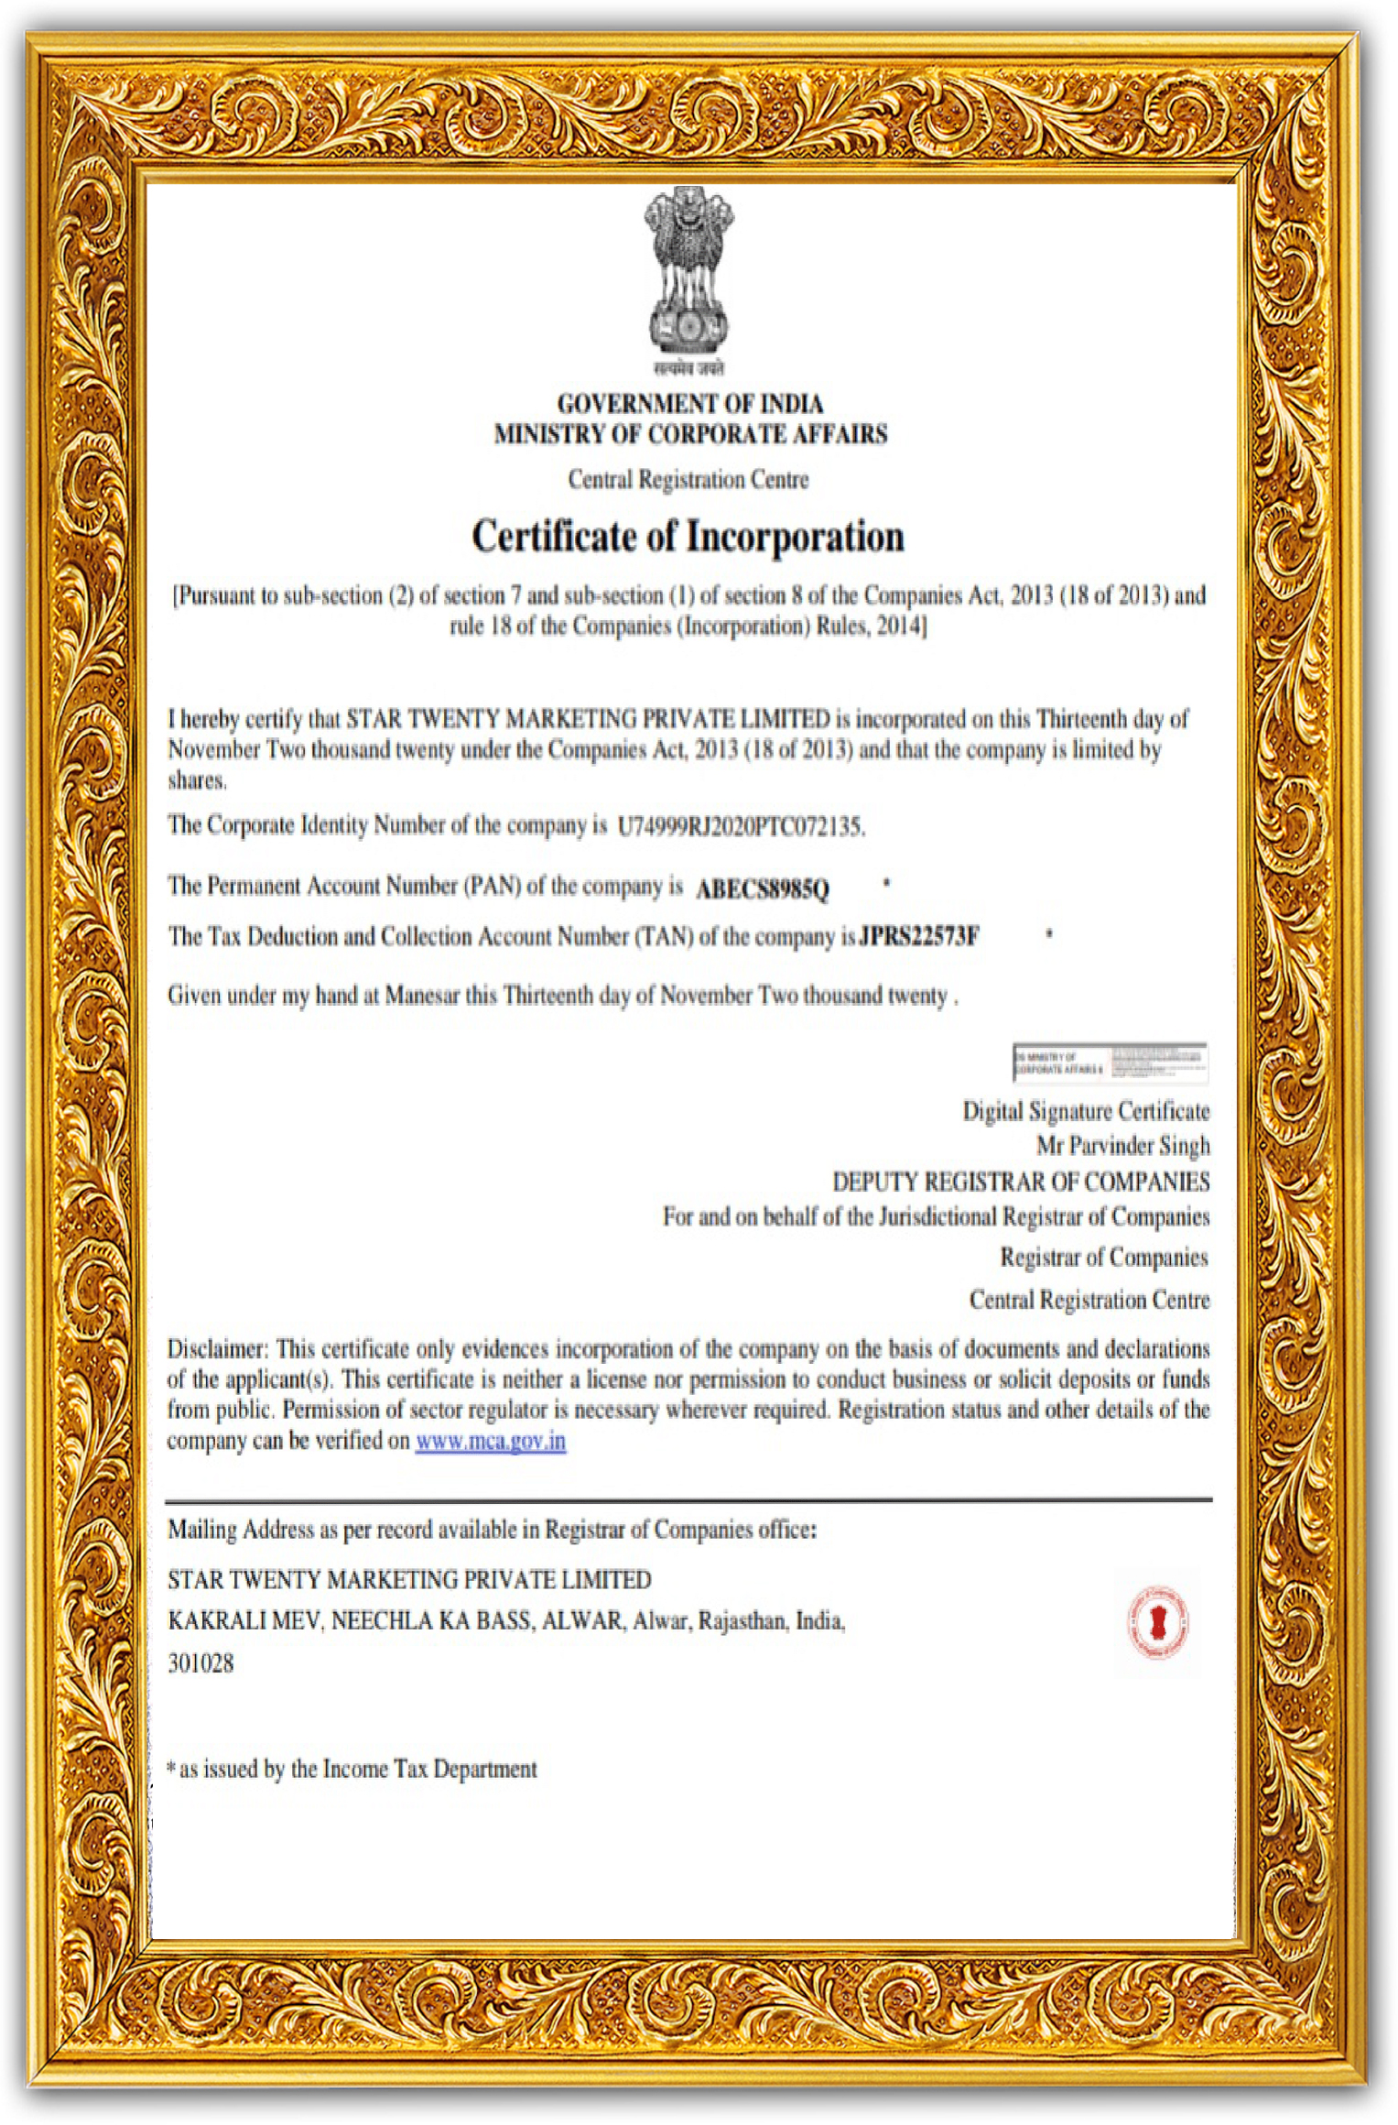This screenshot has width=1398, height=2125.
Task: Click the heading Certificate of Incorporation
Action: coord(688,537)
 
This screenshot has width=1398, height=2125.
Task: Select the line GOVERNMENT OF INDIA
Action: coord(690,404)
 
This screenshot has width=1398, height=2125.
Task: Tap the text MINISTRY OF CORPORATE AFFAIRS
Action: coord(690,434)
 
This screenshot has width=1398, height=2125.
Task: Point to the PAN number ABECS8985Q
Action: coord(763,889)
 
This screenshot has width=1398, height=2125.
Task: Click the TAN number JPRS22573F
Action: coord(918,937)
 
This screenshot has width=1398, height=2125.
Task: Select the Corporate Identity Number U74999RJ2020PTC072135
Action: coord(741,827)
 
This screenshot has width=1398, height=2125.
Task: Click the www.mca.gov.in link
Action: coord(490,1441)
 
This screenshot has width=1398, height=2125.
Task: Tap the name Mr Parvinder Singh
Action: coord(1122,1146)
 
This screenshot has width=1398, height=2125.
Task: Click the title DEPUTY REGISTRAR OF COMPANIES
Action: coord(1020,1182)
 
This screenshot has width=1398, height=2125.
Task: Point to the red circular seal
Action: coord(1156,1622)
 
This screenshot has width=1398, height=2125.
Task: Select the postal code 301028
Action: coord(200,1664)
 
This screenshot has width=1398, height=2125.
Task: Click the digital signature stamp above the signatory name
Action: coord(1110,1062)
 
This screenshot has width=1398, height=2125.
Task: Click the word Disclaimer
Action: coord(217,1349)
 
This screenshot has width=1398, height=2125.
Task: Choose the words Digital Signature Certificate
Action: coord(1086,1111)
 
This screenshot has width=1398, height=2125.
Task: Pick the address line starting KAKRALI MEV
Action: coord(505,1621)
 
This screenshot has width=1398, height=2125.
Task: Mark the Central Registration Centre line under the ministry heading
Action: coord(688,480)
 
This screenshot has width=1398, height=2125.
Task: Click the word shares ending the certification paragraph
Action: coord(196,781)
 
